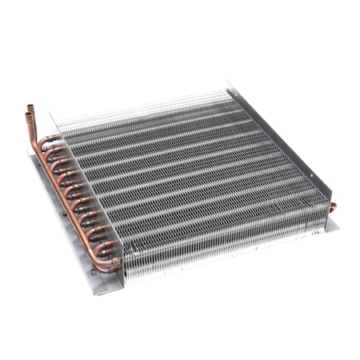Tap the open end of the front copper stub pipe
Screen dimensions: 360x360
tap(28, 117)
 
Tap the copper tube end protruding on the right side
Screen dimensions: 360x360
tap(332, 207)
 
